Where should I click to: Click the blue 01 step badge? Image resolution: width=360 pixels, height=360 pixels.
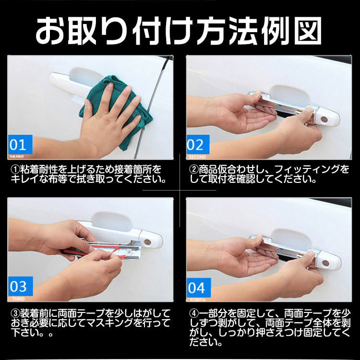click(x=20, y=144)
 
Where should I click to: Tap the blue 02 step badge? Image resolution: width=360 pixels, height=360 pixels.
click(x=198, y=144)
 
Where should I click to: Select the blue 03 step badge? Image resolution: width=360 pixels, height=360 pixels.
click(x=20, y=286)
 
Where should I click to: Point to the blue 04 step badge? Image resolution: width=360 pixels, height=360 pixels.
click(x=199, y=288)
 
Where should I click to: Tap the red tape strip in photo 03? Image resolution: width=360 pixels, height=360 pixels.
click(x=96, y=250)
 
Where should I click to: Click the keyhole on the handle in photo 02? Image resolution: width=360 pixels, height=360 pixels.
click(x=324, y=119)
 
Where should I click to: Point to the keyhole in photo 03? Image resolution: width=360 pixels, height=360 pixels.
click(x=147, y=242)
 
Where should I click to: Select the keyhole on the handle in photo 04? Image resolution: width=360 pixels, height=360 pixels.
click(x=325, y=263)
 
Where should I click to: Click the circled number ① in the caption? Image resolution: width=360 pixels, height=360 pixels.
click(x=15, y=169)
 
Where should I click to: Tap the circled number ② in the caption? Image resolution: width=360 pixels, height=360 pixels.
click(x=194, y=169)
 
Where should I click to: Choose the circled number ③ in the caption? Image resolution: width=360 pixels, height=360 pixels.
click(x=15, y=313)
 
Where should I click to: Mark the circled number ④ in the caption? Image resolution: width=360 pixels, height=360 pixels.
click(x=194, y=313)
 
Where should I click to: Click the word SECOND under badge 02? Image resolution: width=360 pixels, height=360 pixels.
click(x=197, y=157)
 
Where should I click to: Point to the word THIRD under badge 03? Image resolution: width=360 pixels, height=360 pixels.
click(x=18, y=299)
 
